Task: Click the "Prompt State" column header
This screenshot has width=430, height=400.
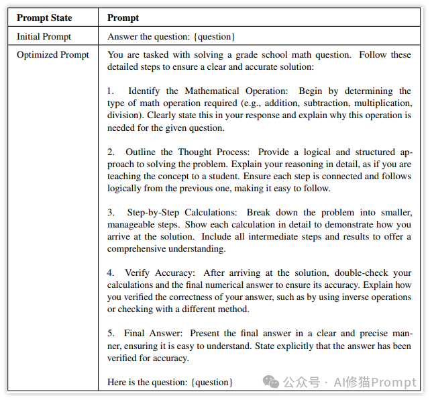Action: coord(44,17)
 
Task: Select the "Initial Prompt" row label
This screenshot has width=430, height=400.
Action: coord(44,36)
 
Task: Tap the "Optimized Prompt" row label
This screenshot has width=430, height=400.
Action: coord(53,55)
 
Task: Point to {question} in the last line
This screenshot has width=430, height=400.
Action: coord(212,382)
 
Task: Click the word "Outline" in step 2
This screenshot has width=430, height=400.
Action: coord(140,152)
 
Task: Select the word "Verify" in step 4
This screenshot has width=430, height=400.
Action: coord(138,272)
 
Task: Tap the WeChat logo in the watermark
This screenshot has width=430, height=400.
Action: coord(271,382)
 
